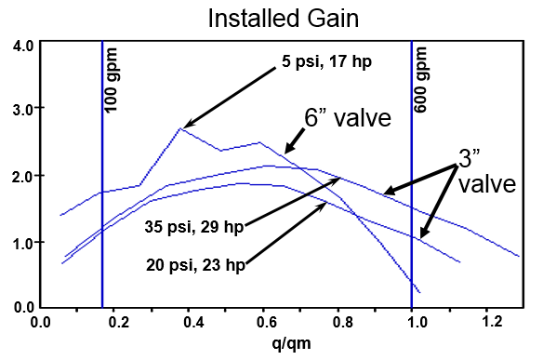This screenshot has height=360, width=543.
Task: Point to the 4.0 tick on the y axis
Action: click(x=23, y=45)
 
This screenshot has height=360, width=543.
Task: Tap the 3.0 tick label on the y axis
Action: click(x=23, y=110)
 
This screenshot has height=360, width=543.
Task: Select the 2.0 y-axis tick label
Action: click(x=23, y=176)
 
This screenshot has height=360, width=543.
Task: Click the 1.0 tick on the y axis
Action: click(x=23, y=242)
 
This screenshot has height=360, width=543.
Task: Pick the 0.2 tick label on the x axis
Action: click(x=116, y=323)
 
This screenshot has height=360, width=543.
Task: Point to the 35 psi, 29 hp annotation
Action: click(x=194, y=226)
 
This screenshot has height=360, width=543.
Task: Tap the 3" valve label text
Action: click(x=484, y=169)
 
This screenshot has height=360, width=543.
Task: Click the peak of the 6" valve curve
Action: click(x=180, y=128)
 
